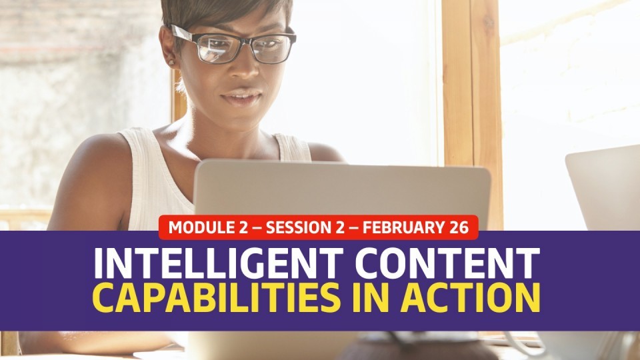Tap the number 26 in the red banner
pos(459,227)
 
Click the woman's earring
pos(171,63)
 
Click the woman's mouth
pos(241,98)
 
